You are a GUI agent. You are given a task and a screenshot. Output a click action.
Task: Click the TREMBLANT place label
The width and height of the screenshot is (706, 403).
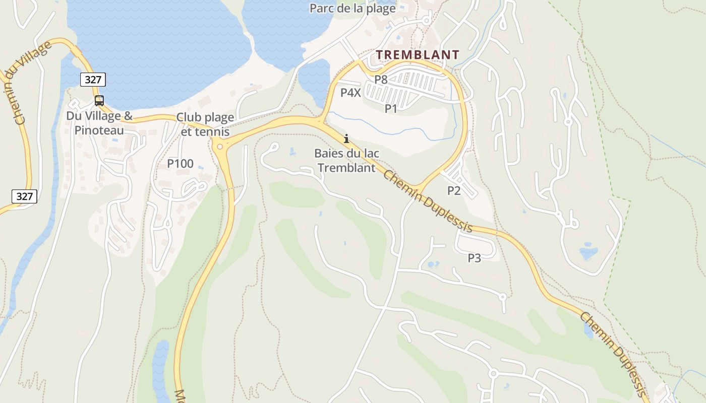tap(418, 54)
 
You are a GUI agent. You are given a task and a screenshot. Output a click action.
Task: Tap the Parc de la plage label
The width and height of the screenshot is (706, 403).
tap(352, 9)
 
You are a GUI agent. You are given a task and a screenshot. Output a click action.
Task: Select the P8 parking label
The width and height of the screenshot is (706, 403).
tap(381, 79)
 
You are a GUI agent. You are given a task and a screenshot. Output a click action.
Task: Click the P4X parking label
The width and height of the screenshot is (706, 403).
tap(350, 93)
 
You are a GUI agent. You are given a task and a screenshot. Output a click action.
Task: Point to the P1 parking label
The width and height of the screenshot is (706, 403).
tap(391, 108)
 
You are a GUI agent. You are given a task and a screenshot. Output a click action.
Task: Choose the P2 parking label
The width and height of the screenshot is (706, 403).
tap(454, 190)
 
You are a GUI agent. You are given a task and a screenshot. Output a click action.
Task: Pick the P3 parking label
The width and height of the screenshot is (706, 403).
tap(474, 258)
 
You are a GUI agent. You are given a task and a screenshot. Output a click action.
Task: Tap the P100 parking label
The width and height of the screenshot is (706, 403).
tap(180, 164)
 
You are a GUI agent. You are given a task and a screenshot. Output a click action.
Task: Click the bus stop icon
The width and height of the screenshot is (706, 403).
tap(99, 100)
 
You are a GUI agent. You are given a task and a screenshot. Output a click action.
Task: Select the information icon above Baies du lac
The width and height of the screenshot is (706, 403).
tap(346, 139)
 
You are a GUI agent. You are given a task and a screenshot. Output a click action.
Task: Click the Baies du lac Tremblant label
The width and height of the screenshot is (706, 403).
tap(346, 160)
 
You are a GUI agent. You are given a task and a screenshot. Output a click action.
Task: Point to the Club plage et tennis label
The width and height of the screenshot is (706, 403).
tap(205, 124)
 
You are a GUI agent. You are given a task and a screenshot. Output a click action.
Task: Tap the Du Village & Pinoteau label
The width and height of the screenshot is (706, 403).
tap(99, 123)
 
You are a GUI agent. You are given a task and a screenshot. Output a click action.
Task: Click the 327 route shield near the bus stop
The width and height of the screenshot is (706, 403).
tap(93, 80)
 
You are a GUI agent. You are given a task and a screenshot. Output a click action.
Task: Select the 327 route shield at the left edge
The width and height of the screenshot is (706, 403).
tap(24, 196)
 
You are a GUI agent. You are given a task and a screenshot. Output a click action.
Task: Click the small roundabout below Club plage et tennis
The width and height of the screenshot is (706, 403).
tap(220, 147)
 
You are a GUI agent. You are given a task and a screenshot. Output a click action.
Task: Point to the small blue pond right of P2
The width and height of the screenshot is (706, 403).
tap(588, 251)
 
